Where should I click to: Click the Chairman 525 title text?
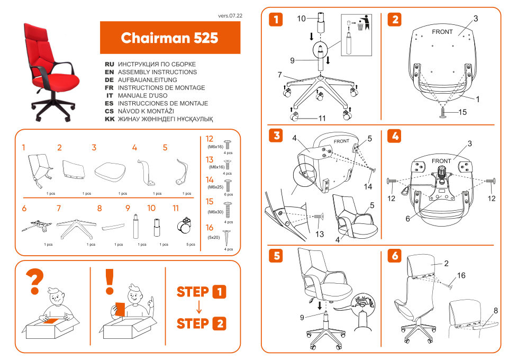pos(169,38)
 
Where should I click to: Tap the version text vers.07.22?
pos(230,16)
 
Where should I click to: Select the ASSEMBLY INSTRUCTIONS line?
pos(157,72)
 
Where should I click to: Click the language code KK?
pos(110,120)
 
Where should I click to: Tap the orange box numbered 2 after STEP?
pos(219,323)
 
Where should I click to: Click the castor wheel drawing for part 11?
pos(185,226)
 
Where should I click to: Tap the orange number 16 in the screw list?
pos(210,227)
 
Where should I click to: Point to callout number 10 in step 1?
pos(301,19)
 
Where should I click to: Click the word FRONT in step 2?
pos(442,32)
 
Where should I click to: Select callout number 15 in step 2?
pos(462,112)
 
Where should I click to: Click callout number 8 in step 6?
pos(495,311)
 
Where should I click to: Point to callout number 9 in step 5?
pos(302,318)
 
